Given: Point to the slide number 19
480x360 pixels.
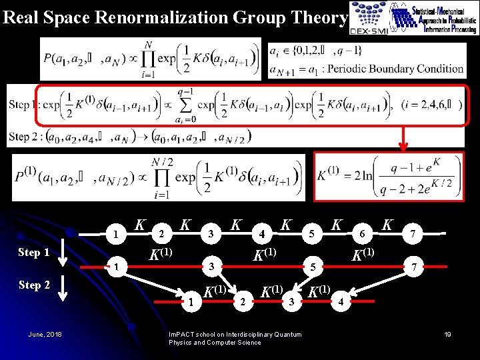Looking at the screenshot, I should click(x=447, y=334).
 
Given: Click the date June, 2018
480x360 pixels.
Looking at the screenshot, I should click(x=45, y=334).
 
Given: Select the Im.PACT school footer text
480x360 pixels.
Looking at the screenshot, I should click(x=235, y=338).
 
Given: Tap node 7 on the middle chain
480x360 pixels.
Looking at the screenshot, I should click(x=415, y=267).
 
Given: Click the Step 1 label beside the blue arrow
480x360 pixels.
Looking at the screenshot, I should click(x=34, y=253).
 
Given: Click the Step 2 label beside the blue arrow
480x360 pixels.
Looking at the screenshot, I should click(x=34, y=285).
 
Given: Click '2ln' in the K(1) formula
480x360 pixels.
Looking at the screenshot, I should click(x=364, y=176).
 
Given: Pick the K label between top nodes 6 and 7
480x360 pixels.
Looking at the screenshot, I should click(x=387, y=225).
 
